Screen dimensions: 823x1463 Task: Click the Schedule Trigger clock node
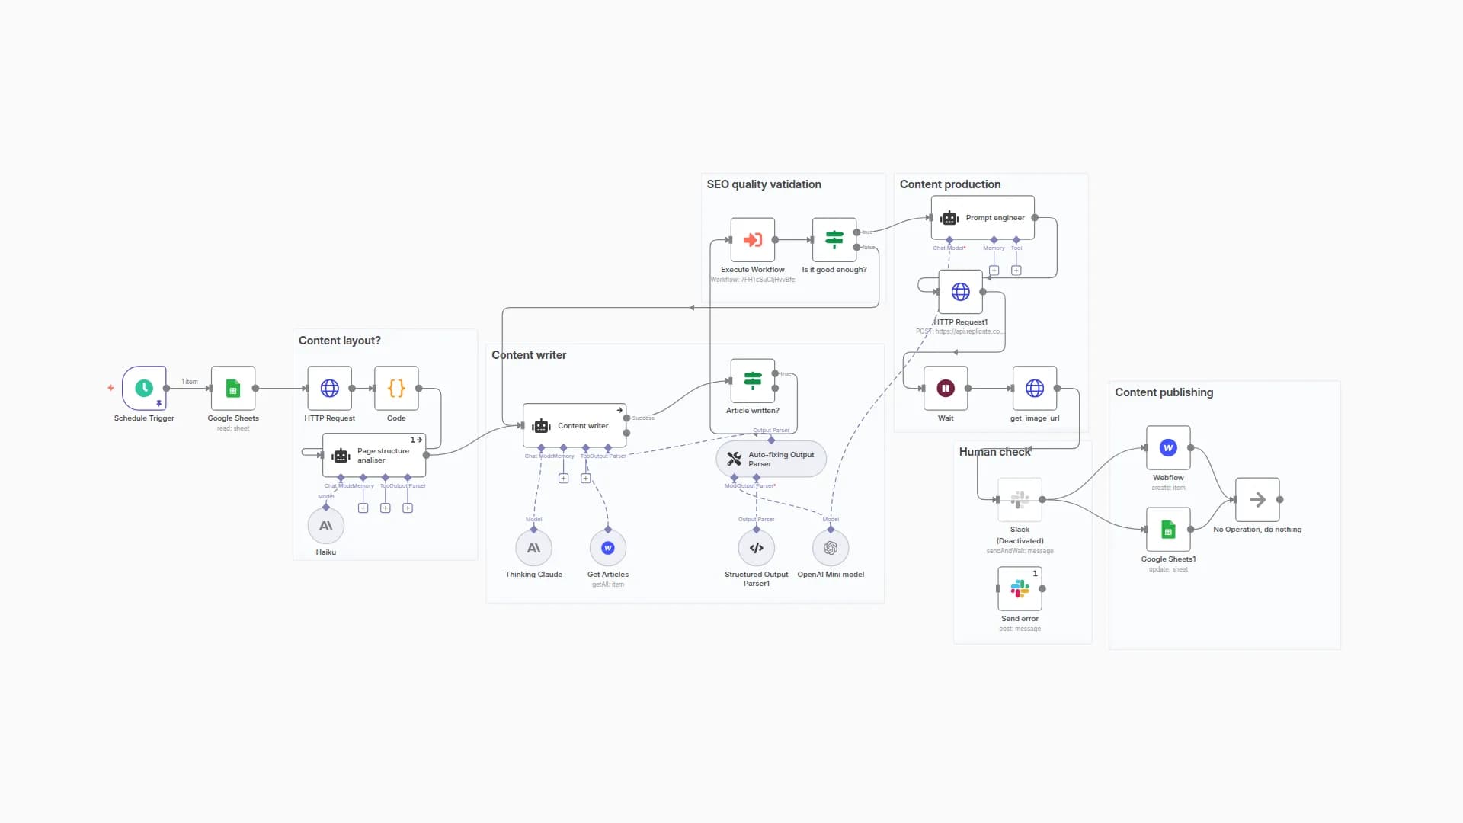144,388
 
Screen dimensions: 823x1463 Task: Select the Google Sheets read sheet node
233,388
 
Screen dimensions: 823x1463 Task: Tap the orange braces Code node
396,388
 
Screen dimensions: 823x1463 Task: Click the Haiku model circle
326,526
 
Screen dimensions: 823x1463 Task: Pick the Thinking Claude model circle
533,548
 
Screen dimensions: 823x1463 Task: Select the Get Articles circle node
608,548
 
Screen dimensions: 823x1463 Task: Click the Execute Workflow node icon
753,240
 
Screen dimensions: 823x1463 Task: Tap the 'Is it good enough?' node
834,240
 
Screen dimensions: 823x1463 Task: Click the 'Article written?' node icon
753,380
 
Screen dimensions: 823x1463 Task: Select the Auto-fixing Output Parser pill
771,459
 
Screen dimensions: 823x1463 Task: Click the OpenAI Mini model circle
831,548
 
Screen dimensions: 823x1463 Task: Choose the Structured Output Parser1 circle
757,548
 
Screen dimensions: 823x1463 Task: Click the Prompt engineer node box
983,218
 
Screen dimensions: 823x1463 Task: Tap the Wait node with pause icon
946,388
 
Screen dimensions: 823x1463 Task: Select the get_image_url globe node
1035,388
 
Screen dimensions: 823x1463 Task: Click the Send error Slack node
1020,588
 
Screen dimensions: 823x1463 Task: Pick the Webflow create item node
1168,448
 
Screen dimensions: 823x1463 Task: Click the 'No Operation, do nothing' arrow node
1257,500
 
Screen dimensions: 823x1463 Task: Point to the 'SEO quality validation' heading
764,184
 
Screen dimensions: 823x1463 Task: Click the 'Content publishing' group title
1164,392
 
